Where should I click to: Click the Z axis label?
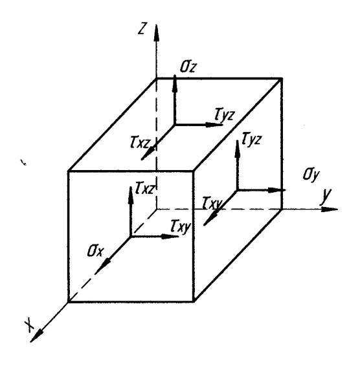(x=142, y=28)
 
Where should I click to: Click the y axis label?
(x=326, y=195)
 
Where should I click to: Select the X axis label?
(x=30, y=325)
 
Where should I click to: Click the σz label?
(x=188, y=67)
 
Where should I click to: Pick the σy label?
(x=311, y=175)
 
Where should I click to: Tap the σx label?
(x=95, y=251)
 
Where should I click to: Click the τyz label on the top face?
(x=225, y=114)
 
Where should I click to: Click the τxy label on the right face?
(x=212, y=203)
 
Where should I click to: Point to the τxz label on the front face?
(x=144, y=188)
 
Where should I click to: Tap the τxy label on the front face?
(x=181, y=226)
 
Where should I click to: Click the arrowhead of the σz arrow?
(x=174, y=83)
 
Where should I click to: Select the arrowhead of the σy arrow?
(x=277, y=190)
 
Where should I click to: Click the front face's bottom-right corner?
(x=194, y=301)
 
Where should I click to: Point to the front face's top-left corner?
(x=69, y=171)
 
